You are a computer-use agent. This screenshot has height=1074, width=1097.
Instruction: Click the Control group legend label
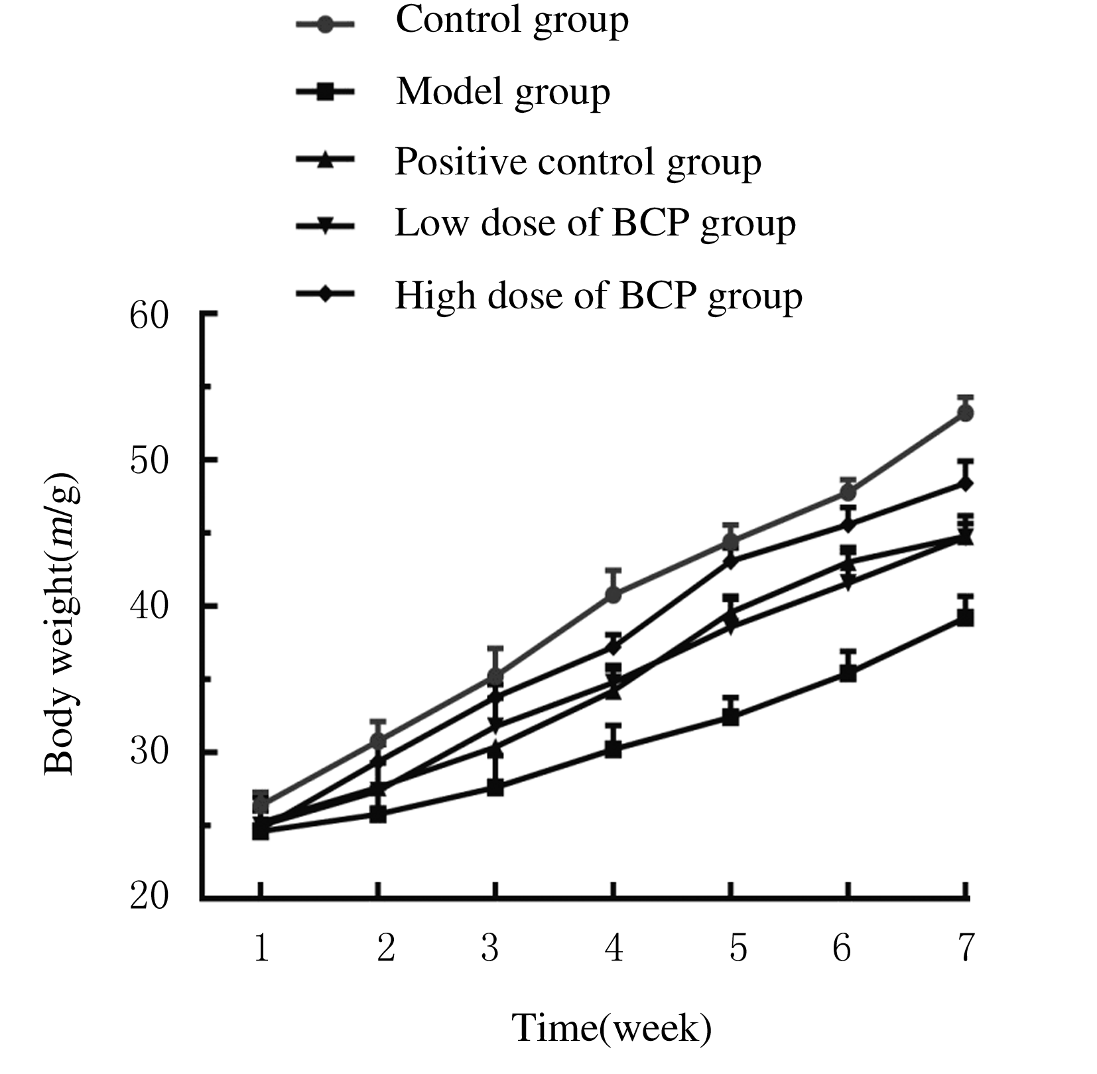click(511, 21)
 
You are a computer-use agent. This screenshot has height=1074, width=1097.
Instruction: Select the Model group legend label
click(503, 92)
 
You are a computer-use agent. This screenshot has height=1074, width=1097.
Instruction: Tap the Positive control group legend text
click(578, 162)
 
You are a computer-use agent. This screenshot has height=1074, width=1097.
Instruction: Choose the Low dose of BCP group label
click(595, 224)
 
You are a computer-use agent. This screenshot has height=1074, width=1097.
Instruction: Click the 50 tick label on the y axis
click(149, 460)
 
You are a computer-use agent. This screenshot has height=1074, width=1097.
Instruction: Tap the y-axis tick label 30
click(149, 753)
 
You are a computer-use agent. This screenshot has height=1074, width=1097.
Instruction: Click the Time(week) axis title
click(612, 1028)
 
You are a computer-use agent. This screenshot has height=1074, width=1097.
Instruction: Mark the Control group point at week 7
click(966, 413)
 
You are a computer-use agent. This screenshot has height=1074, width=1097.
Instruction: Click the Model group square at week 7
click(966, 618)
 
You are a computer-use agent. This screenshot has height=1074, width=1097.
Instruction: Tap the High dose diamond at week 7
click(966, 484)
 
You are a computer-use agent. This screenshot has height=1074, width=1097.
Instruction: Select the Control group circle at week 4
click(613, 595)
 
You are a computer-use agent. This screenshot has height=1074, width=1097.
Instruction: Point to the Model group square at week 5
click(731, 717)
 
